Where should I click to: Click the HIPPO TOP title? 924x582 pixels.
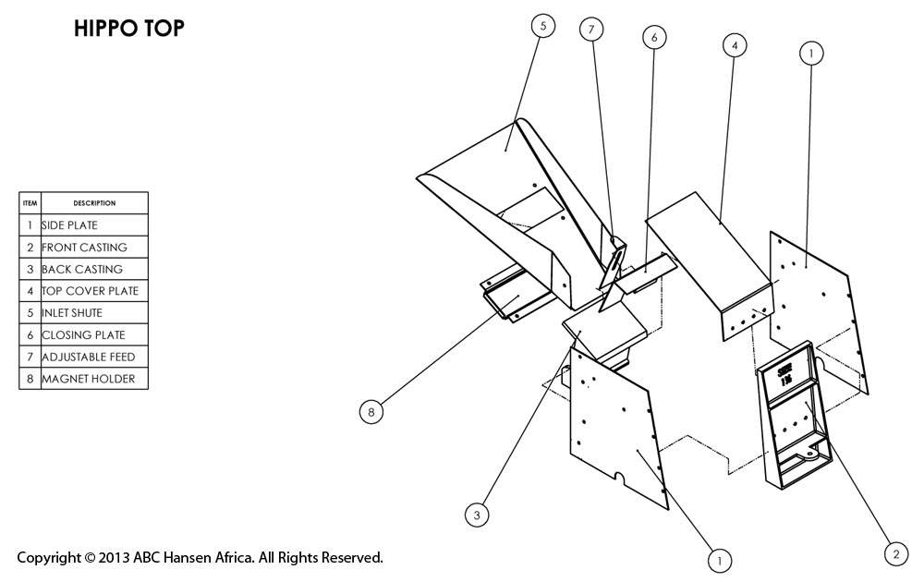coord(129,30)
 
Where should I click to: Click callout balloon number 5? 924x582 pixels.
coord(543,26)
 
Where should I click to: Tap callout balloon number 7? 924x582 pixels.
coord(591,30)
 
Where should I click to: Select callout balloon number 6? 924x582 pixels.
coord(653,37)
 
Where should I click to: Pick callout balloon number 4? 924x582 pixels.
coord(734,44)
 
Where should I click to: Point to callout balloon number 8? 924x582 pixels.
coord(371,413)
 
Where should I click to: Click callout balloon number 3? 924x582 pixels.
coord(477,515)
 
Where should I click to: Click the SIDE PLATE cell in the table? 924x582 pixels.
coord(92,225)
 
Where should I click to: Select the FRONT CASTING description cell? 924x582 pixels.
coord(92,248)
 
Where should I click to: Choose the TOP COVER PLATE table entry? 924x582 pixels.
coord(92,291)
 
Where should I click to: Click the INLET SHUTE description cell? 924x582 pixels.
coord(92,313)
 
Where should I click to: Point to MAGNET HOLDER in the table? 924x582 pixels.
coord(92,379)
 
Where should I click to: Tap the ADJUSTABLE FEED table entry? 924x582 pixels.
coord(92,357)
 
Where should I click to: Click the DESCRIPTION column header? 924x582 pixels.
coord(94,203)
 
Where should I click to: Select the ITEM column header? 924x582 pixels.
coord(30,203)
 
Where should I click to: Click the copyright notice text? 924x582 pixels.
coord(200,558)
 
